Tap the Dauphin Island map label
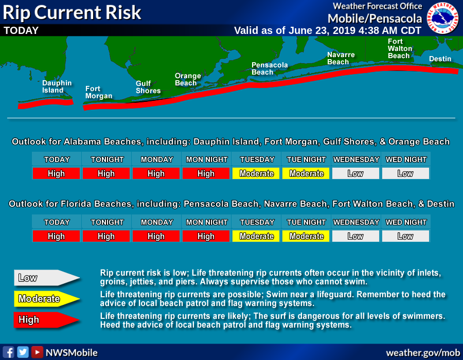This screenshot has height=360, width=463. pos(57,86)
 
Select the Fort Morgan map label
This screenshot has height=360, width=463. pos(99,92)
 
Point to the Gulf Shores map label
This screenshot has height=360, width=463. pos(148,87)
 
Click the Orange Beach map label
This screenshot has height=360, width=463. pos(188,79)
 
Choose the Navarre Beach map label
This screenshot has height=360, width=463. pos(341,58)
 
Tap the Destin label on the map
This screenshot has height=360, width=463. pos(440,59)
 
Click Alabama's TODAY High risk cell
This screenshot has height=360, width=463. pos(56,173)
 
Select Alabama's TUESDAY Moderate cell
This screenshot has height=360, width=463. pos(256,173)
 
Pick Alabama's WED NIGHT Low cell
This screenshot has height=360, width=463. pos(405,173)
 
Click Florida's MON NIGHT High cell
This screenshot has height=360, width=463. pos(206,236)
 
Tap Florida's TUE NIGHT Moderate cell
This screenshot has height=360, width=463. pos(306,236)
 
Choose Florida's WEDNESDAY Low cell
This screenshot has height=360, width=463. pos(355,236)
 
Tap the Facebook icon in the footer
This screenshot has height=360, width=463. pos(9,352)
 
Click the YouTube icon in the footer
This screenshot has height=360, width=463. pos(37,352)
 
